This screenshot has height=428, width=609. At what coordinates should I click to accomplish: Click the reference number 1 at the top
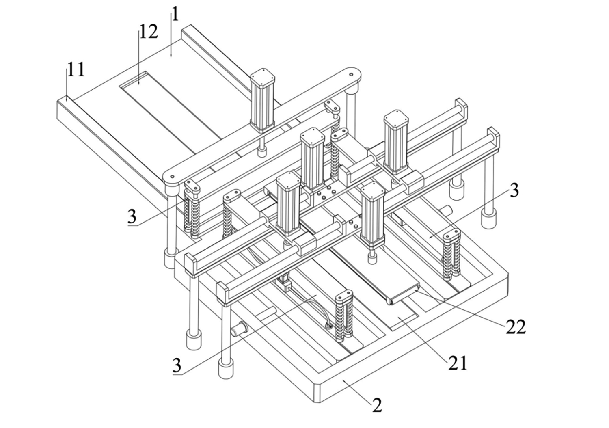tap(175, 15)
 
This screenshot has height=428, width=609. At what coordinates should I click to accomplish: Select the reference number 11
tap(76, 70)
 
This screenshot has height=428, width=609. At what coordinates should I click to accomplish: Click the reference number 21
tap(458, 363)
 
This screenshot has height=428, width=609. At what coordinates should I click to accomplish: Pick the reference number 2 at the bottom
tap(377, 405)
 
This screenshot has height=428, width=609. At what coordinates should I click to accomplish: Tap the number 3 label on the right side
tap(514, 190)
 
